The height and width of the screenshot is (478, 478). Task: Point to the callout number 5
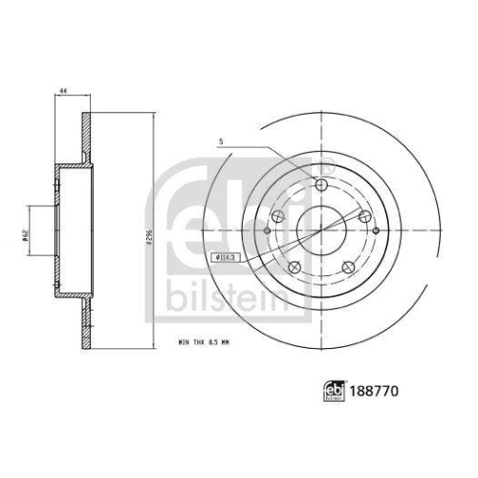click(x=223, y=143)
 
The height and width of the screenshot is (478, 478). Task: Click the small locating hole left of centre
click(x=266, y=230)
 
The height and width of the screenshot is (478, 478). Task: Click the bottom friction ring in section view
click(x=85, y=320)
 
